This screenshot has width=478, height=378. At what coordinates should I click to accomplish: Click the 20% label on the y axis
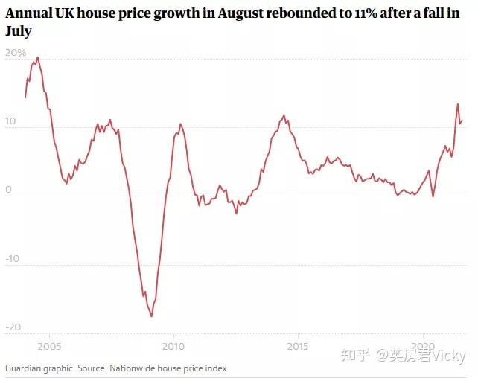[15, 53]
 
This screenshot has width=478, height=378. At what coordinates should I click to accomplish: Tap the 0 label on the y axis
[9, 190]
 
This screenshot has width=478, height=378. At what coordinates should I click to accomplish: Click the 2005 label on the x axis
[48, 347]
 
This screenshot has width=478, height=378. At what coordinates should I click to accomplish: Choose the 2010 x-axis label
[173, 347]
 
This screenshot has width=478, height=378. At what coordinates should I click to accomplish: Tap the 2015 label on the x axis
[299, 347]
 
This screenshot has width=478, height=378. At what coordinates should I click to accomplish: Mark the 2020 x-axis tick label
[424, 347]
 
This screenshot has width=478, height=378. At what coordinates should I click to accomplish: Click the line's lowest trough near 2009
[152, 316]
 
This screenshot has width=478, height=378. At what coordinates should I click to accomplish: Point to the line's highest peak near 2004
[37, 57]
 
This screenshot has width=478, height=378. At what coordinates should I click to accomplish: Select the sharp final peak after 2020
[458, 104]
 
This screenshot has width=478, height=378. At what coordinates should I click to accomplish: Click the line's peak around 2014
[284, 115]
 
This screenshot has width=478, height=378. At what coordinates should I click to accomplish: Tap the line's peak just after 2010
[179, 124]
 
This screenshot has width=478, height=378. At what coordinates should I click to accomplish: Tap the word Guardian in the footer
[25, 368]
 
